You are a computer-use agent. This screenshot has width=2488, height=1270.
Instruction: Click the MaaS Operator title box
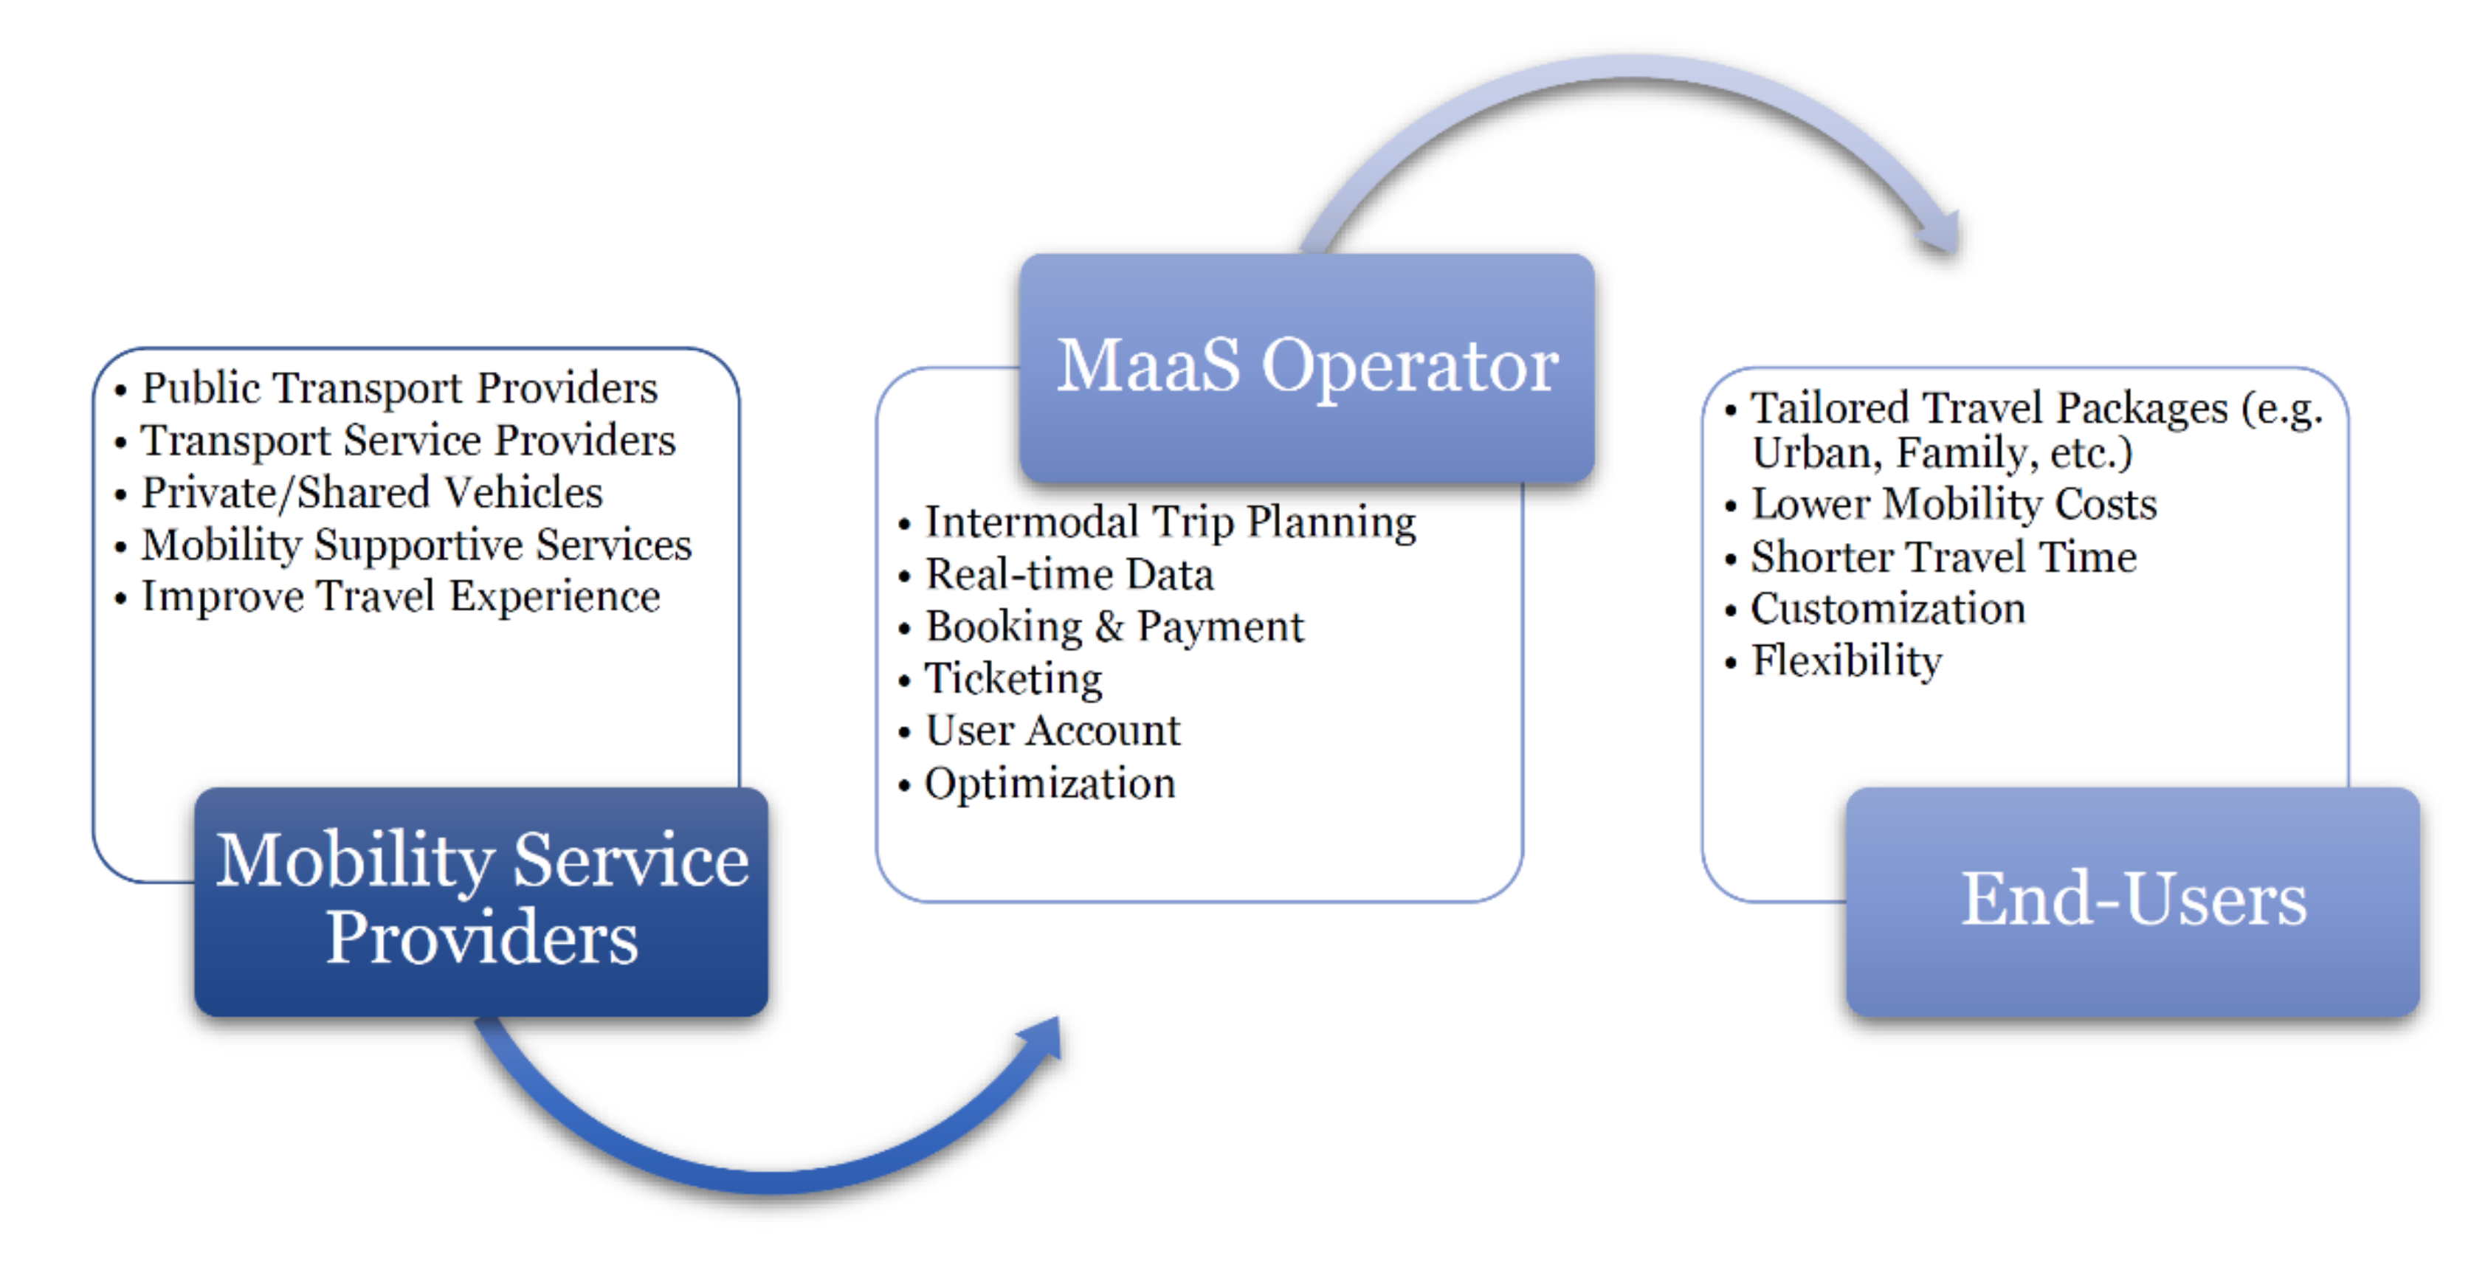tap(1307, 368)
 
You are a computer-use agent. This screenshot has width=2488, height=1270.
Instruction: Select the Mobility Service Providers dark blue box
tap(481, 902)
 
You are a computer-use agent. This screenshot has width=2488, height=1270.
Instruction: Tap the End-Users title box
tap(2132, 902)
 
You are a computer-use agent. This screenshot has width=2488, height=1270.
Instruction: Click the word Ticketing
tap(1013, 679)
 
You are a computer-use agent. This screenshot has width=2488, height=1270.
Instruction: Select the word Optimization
tap(1050, 783)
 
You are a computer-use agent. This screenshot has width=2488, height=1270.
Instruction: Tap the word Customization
tap(1888, 609)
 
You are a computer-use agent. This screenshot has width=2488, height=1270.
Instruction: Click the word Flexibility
tap(1847, 661)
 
